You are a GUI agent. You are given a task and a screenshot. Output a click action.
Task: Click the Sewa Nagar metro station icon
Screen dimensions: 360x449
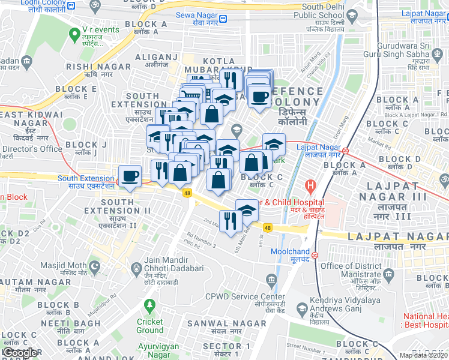coord(223,18)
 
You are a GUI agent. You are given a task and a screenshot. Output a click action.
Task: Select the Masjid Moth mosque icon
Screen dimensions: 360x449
coord(94,265)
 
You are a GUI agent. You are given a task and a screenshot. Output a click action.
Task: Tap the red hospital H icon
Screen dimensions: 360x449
coord(310,187)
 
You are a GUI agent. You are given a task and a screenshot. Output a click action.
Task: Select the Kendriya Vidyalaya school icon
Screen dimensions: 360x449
coord(301,310)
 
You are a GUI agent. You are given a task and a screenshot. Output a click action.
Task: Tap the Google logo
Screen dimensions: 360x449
coord(20,353)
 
